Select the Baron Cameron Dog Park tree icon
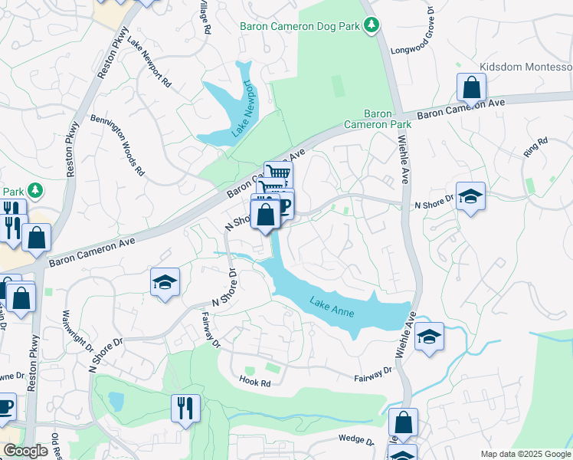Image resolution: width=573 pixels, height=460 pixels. [372, 26]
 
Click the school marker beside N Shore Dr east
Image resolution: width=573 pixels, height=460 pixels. [470, 197]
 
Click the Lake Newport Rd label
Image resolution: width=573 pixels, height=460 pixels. [149, 63]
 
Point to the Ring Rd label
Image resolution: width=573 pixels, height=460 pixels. [536, 147]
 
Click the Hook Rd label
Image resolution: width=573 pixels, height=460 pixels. [255, 381]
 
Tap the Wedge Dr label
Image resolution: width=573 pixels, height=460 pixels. [356, 441]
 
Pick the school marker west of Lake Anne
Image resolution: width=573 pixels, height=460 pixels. [165, 282]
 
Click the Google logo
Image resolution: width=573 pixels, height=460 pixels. [25, 451]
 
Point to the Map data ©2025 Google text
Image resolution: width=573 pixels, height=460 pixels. [525, 454]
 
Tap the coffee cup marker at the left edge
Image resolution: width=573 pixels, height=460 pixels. [5, 406]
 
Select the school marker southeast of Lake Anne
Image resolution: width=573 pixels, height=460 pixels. [429, 336]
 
